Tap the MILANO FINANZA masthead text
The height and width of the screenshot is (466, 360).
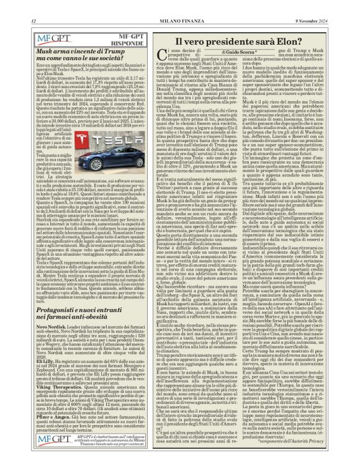point(180,7)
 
